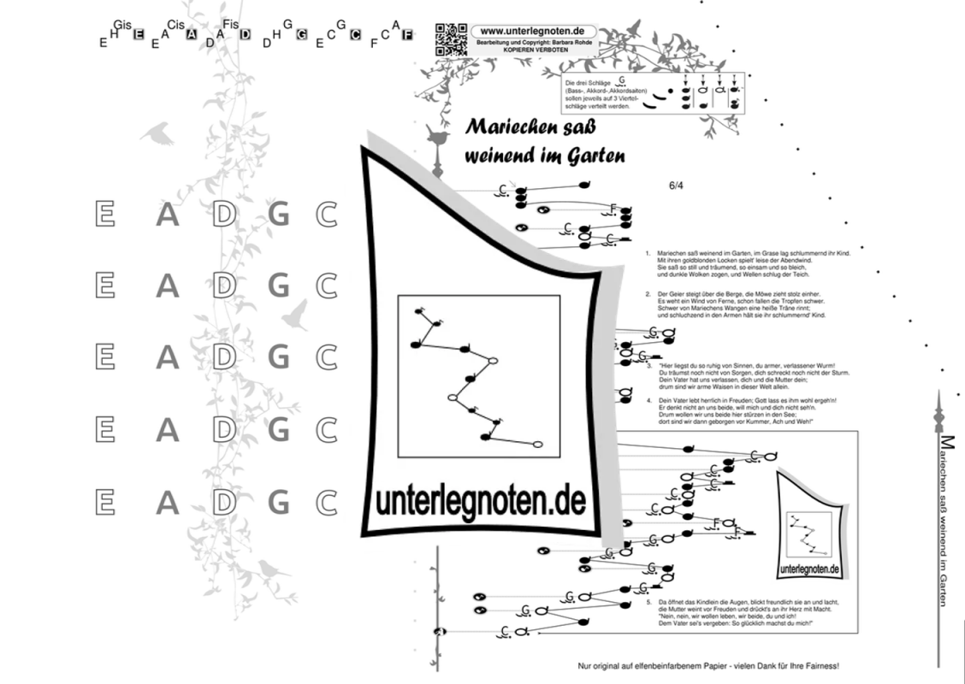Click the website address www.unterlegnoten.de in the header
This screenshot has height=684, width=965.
tap(532, 30)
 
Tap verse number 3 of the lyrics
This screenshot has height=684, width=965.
tap(649, 365)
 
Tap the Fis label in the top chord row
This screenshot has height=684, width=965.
tap(230, 24)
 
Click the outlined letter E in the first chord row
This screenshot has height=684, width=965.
tap(104, 214)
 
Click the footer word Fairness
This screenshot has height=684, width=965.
tap(819, 665)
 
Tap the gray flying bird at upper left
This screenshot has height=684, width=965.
tap(158, 133)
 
